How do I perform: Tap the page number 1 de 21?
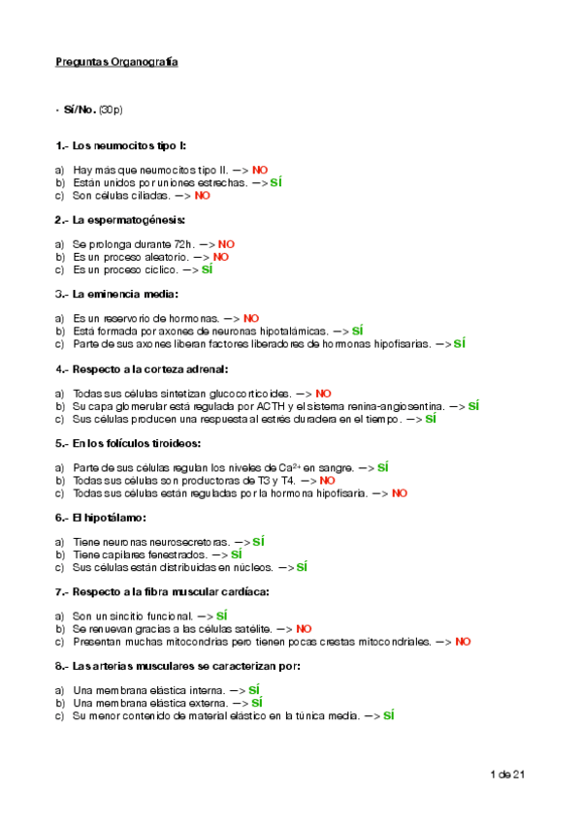507,774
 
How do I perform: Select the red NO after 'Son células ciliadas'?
202,195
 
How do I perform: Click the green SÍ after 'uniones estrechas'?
275,182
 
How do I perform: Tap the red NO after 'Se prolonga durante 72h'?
226,244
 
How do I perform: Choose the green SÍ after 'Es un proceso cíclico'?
207,269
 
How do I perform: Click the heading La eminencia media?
125,294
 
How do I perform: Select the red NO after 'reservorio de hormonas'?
251,318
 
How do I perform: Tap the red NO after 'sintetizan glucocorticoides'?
323,394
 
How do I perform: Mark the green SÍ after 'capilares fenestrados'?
237,554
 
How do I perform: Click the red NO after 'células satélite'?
304,628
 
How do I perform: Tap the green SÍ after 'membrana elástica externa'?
257,703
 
